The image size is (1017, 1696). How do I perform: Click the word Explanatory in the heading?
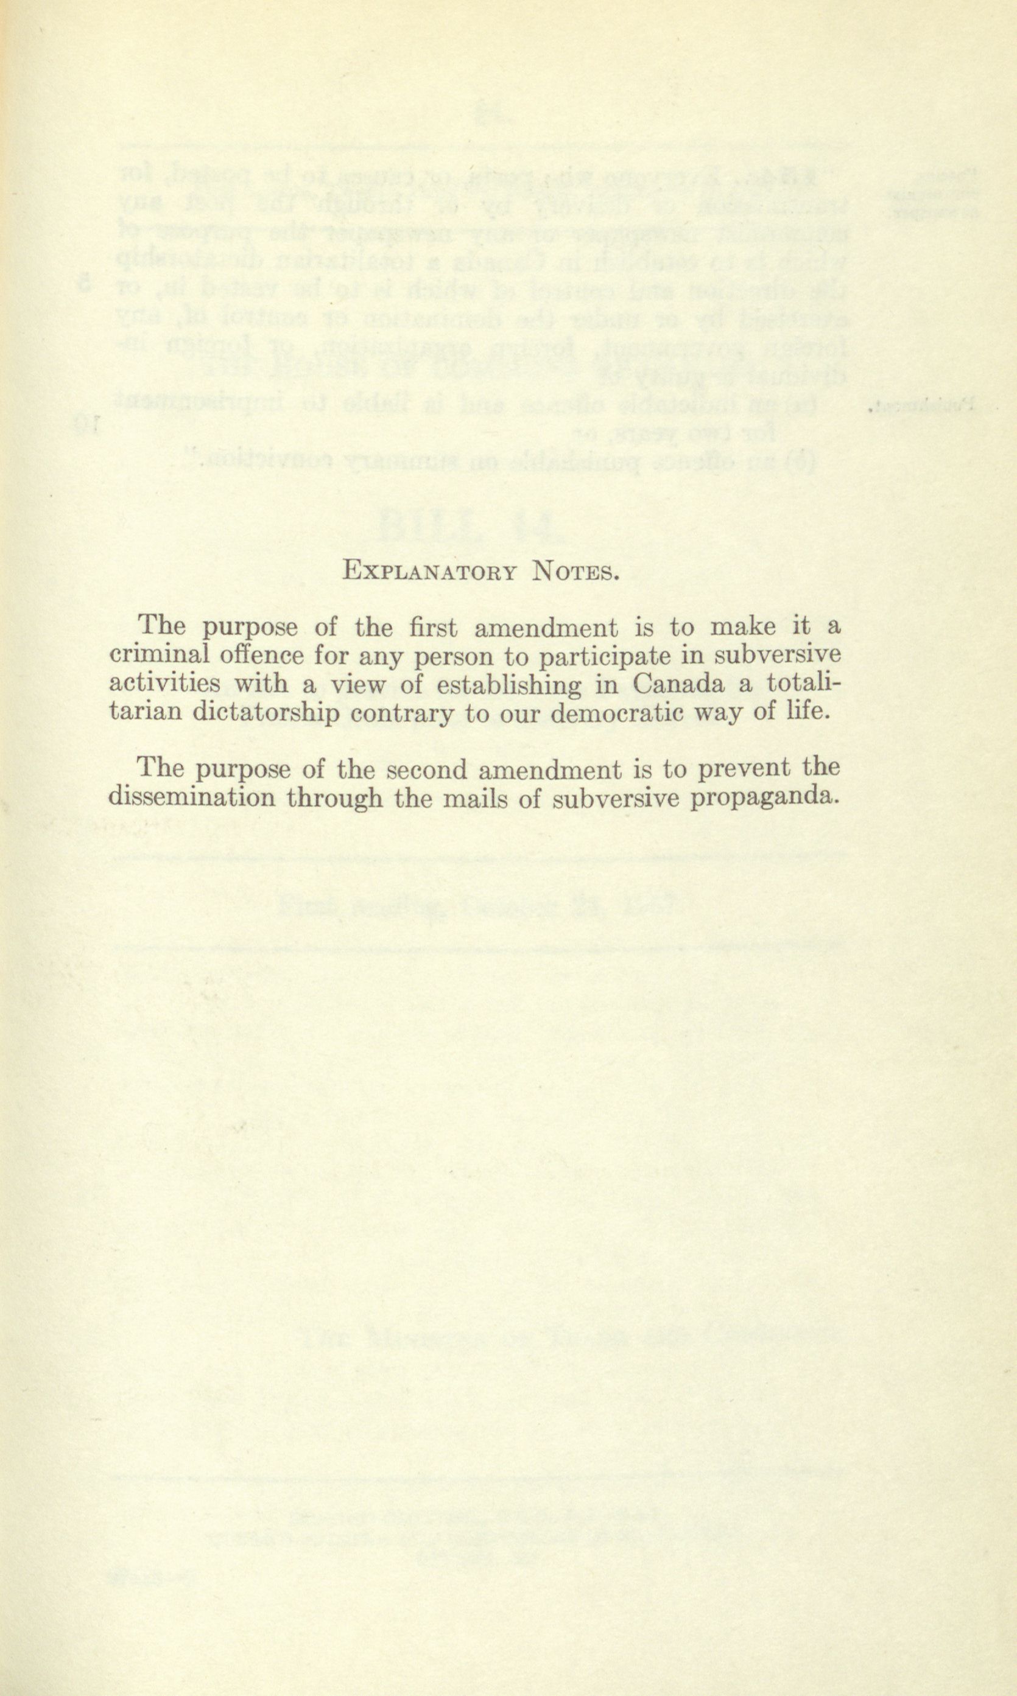[429, 571]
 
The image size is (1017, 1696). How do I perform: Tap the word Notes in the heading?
[575, 571]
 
